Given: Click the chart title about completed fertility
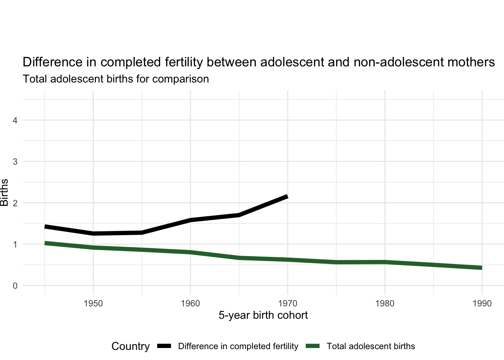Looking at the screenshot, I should (x=259, y=62).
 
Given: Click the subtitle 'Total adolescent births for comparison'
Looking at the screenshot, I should (x=116, y=79).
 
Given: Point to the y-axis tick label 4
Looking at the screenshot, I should (x=15, y=120).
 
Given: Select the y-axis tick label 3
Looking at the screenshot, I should (x=15, y=162).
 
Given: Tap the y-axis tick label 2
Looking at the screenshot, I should (x=15, y=203).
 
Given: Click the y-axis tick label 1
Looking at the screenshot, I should (x=15, y=244).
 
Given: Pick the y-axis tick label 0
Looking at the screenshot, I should (x=15, y=286).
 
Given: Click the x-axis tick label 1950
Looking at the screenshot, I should (x=93, y=303).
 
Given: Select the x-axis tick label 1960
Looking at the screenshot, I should (x=190, y=303).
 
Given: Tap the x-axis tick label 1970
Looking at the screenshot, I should (x=288, y=303).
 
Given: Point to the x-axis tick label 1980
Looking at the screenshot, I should (x=385, y=303).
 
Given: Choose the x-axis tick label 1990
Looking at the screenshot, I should (x=482, y=303).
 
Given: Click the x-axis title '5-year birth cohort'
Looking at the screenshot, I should (x=263, y=315).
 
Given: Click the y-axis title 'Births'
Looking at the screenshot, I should (x=4, y=193).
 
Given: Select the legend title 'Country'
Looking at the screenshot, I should (x=130, y=346).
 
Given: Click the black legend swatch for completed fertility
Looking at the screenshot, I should (x=164, y=346).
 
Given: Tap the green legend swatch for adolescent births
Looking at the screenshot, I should (x=313, y=346).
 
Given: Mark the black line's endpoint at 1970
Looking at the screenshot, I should (x=287, y=196).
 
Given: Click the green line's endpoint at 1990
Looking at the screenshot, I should (x=481, y=268).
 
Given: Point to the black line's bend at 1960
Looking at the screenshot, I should (x=190, y=220).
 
